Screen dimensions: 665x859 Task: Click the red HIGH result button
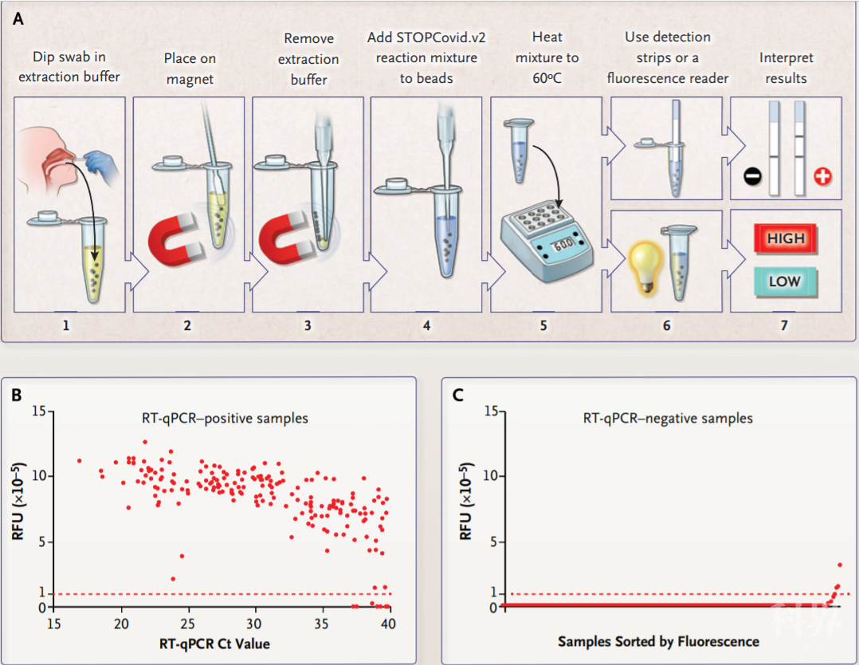click(x=786, y=238)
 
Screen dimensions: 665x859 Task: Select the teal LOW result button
click(x=784, y=281)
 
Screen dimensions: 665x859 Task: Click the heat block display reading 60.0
click(x=563, y=245)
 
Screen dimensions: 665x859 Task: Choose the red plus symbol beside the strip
click(x=822, y=176)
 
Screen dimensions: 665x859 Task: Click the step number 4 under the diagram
click(x=426, y=325)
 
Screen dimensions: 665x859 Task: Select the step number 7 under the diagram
click(x=784, y=325)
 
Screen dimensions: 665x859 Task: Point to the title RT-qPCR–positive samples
click(x=218, y=418)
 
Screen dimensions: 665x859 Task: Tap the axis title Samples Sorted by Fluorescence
click(x=658, y=641)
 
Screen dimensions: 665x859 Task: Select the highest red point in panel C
click(x=839, y=565)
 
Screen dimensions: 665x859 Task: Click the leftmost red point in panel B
click(x=79, y=461)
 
